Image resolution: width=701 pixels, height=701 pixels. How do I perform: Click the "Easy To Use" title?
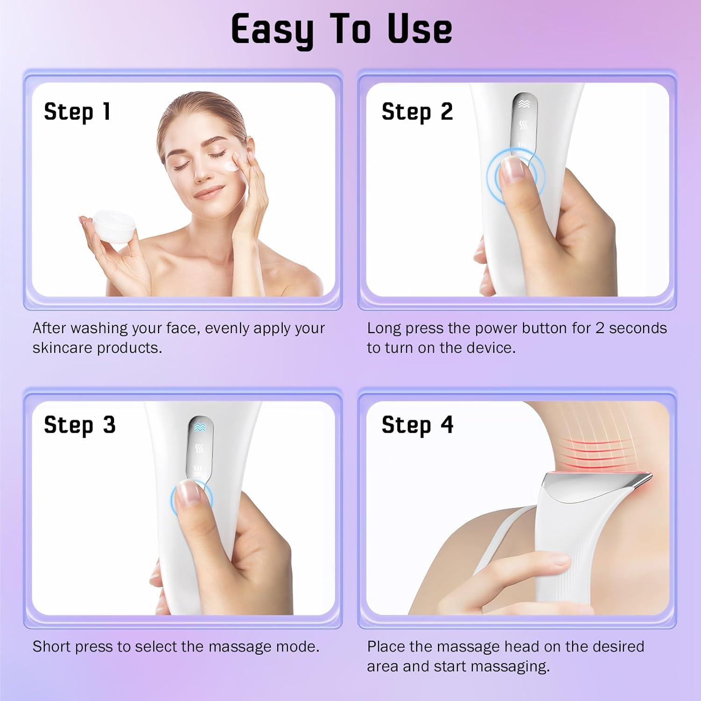[342, 29]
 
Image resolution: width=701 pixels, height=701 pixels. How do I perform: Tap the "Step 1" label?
[77, 112]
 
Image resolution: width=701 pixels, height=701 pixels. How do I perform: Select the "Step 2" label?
[417, 112]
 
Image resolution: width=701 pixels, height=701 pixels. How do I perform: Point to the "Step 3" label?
[79, 425]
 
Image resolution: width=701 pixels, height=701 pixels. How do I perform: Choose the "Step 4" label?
[417, 425]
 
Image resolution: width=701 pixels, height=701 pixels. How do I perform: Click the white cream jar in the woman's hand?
[114, 226]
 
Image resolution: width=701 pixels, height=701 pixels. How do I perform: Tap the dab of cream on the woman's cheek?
[230, 165]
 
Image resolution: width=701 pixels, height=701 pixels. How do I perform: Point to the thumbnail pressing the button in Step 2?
[511, 169]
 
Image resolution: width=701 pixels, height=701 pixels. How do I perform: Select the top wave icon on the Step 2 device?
[524, 104]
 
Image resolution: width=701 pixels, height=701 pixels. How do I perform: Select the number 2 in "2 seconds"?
[600, 328]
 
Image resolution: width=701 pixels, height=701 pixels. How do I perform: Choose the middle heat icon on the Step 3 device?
[200, 449]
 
